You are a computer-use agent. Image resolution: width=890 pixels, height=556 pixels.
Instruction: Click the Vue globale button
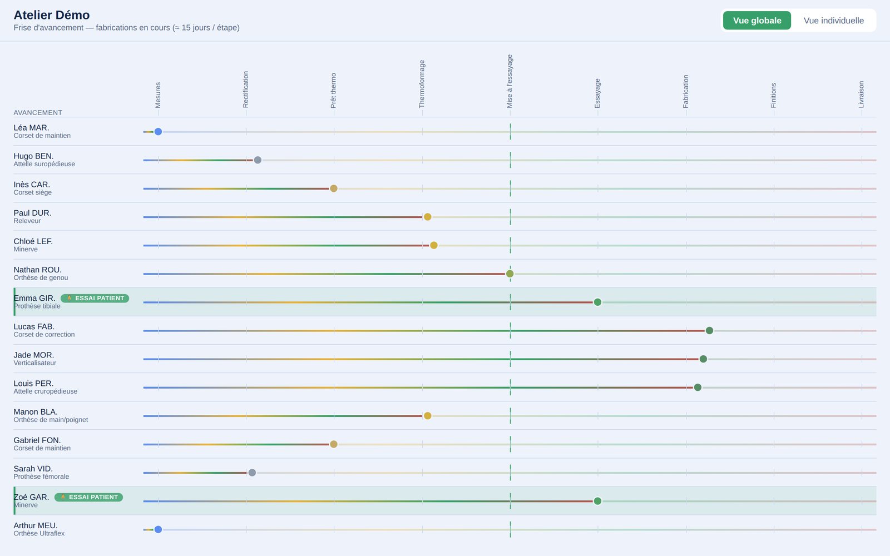(x=757, y=20)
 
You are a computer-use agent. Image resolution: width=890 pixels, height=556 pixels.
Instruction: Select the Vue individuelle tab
(x=834, y=20)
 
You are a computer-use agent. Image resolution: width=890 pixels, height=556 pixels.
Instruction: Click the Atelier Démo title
(x=52, y=14)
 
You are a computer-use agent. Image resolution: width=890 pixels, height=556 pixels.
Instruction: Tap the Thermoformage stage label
(x=422, y=84)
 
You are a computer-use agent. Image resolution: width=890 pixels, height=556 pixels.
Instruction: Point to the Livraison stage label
(x=861, y=95)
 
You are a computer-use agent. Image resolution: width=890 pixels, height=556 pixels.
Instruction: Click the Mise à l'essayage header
(x=510, y=81)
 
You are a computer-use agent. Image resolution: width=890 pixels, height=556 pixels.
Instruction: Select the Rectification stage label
(x=245, y=90)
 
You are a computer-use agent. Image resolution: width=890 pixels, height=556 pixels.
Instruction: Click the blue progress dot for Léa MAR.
(x=158, y=131)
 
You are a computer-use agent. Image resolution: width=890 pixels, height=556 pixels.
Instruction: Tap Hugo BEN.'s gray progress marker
(x=258, y=160)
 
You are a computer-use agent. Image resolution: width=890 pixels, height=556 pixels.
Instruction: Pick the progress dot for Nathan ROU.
(x=510, y=274)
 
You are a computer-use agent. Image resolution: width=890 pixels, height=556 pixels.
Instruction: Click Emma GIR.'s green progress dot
(x=597, y=302)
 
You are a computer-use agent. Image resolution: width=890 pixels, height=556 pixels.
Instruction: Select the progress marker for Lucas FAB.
(x=709, y=330)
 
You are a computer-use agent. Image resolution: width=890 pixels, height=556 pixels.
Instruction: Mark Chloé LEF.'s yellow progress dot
(x=434, y=245)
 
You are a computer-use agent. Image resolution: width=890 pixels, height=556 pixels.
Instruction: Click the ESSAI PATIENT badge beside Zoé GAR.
(x=88, y=497)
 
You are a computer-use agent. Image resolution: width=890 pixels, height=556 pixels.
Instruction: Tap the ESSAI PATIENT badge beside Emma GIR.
(x=95, y=298)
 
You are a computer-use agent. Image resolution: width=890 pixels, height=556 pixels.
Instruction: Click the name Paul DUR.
(x=33, y=213)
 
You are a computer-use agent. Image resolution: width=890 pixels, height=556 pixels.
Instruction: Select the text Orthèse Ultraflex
(x=39, y=533)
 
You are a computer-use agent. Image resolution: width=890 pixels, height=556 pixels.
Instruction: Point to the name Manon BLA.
(x=36, y=412)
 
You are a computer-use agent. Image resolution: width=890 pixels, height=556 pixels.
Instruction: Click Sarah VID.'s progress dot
(x=252, y=473)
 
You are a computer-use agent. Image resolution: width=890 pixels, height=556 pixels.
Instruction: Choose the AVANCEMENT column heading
(x=38, y=112)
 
